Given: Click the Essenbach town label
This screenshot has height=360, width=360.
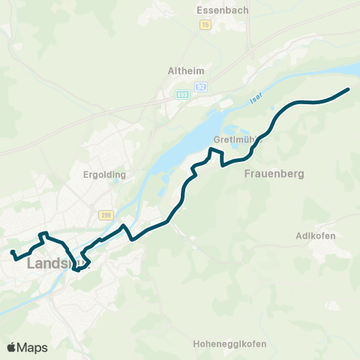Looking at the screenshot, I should (x=216, y=10).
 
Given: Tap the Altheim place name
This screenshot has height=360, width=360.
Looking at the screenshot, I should (x=185, y=71).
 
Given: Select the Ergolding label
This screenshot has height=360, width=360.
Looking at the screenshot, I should (x=106, y=175).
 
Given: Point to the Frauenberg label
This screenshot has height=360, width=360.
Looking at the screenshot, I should (x=274, y=173).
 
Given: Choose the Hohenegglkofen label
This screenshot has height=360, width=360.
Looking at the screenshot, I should (x=229, y=344).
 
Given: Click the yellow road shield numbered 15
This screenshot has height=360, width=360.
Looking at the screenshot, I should (x=205, y=25).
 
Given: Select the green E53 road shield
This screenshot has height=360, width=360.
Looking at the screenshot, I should (x=183, y=94).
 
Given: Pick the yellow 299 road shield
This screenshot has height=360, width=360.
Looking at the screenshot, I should (x=104, y=214).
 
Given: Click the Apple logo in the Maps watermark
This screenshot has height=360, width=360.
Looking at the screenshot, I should (x=11, y=347).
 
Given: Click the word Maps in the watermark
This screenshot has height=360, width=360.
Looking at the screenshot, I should (x=32, y=347).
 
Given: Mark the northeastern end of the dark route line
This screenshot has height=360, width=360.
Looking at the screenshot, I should (x=349, y=90).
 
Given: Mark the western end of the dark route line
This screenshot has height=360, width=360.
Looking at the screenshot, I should (x=12, y=251).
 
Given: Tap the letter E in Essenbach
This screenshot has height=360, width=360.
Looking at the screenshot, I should (x=198, y=10).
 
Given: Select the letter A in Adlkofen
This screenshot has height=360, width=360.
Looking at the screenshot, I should (x=300, y=235).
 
